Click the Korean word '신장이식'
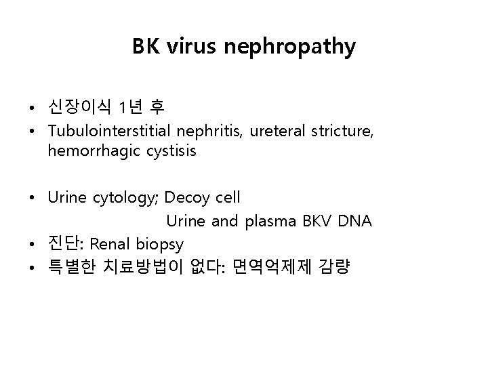(x=79, y=107)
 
